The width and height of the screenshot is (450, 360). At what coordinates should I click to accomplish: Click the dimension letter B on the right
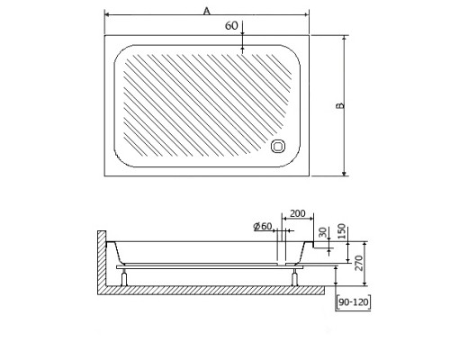pos(339,105)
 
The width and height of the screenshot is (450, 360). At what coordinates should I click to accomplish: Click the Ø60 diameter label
pos(264,226)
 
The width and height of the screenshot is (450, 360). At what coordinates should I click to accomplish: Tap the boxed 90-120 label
pos(352,303)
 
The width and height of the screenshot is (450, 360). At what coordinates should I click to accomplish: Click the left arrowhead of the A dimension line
pos(107,15)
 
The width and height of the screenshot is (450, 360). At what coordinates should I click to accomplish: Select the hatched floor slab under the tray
pos(216,291)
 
